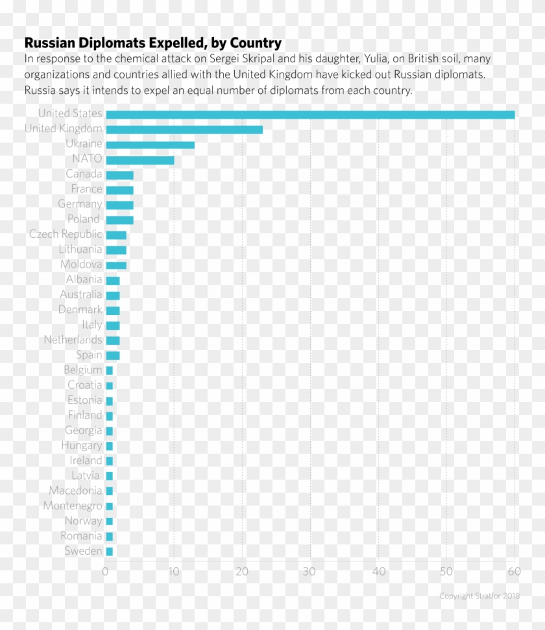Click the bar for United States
(x=310, y=115)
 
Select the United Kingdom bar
(x=184, y=130)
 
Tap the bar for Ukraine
(x=150, y=145)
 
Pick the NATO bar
(x=139, y=159)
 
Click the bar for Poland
(x=119, y=220)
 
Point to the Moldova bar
(x=116, y=265)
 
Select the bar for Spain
(x=112, y=355)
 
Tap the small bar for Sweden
(x=109, y=551)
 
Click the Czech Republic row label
(x=66, y=234)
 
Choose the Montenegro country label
(x=73, y=506)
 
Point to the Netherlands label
(x=73, y=340)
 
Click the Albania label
(x=84, y=279)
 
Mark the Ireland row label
(x=86, y=460)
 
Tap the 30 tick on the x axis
(x=310, y=572)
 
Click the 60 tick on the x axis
(x=514, y=572)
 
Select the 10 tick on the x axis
(x=173, y=572)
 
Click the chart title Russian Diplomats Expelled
(x=152, y=43)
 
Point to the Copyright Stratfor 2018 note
(x=479, y=596)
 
